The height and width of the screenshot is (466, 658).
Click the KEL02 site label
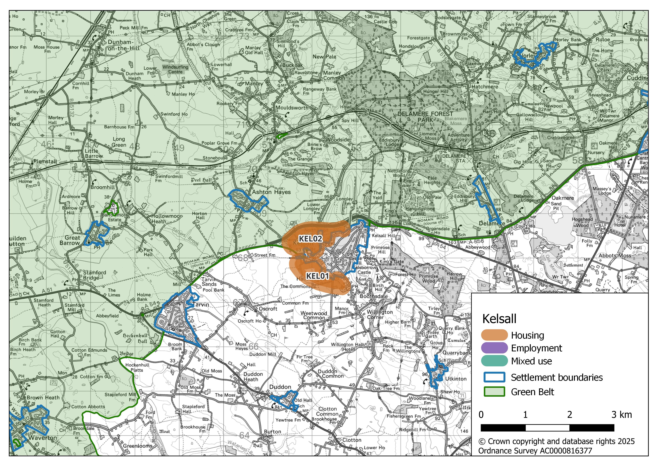click(311, 239)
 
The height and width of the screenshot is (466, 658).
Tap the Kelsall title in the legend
click(499, 319)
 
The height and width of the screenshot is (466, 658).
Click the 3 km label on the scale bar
click(621, 415)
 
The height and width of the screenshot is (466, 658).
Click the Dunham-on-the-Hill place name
click(123, 45)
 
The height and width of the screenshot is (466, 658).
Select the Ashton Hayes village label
click(271, 192)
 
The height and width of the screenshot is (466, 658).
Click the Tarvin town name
click(201, 304)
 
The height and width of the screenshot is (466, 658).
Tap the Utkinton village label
click(456, 379)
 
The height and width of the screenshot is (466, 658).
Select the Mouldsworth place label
click(292, 108)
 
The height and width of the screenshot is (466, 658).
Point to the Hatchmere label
click(485, 87)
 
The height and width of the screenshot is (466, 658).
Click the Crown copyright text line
click(556, 441)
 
